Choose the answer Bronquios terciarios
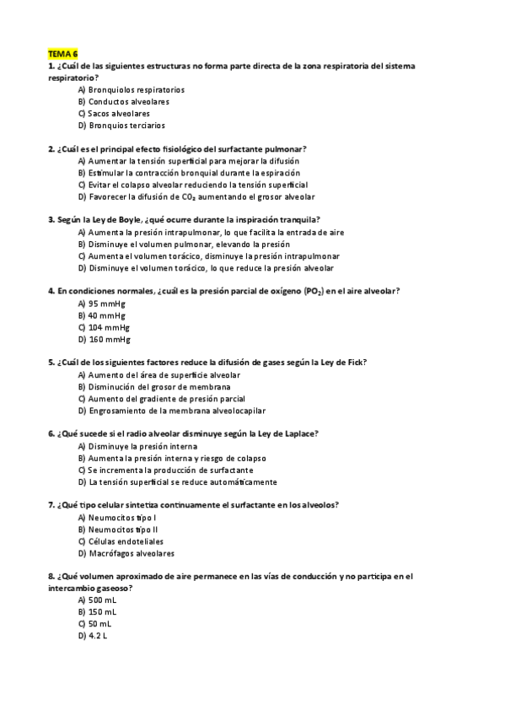(126, 125)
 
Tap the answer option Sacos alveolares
(119, 113)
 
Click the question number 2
(51, 148)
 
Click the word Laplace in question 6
(298, 433)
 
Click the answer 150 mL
(103, 611)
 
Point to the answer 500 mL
(103, 599)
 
